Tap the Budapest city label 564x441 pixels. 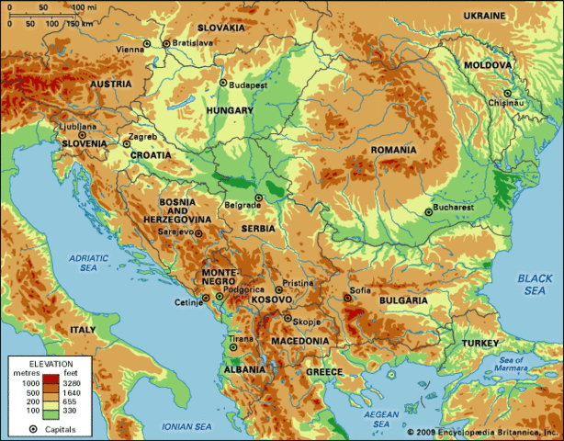pyautogui.click(x=248, y=85)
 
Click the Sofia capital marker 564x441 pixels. pyautogui.click(x=347, y=298)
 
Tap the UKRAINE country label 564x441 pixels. pyautogui.click(x=484, y=17)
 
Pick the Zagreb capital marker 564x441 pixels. pyautogui.click(x=127, y=143)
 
